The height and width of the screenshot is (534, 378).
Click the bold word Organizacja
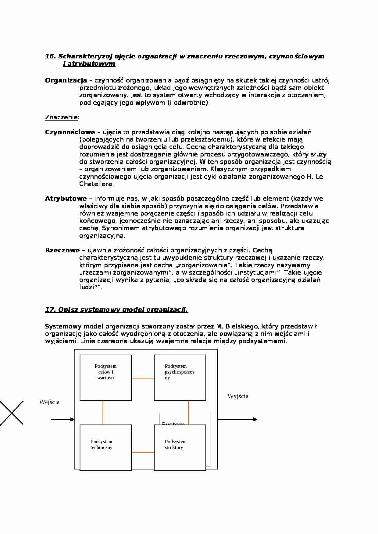coord(66,80)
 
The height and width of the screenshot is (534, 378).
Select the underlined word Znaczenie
coord(61,117)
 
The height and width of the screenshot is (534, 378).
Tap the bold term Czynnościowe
coord(70,132)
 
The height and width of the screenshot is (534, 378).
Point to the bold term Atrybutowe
coord(66,198)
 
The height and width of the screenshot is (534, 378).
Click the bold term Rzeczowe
coord(62,250)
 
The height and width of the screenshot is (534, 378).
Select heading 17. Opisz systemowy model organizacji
coord(116,310)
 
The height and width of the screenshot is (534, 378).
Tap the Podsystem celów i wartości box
coord(105,378)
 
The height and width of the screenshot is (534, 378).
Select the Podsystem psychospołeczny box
coord(180,378)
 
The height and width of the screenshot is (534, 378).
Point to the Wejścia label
coord(49,402)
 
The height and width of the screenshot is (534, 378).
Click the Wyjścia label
coord(238,396)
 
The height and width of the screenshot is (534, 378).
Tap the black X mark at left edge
coord(12,413)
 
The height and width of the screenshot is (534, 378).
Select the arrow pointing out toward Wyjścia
coord(237,420)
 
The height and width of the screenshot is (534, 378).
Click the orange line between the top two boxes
coord(143,378)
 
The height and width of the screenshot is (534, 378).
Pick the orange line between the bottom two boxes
coord(143,452)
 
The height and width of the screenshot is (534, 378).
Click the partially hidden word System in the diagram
coord(173,423)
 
